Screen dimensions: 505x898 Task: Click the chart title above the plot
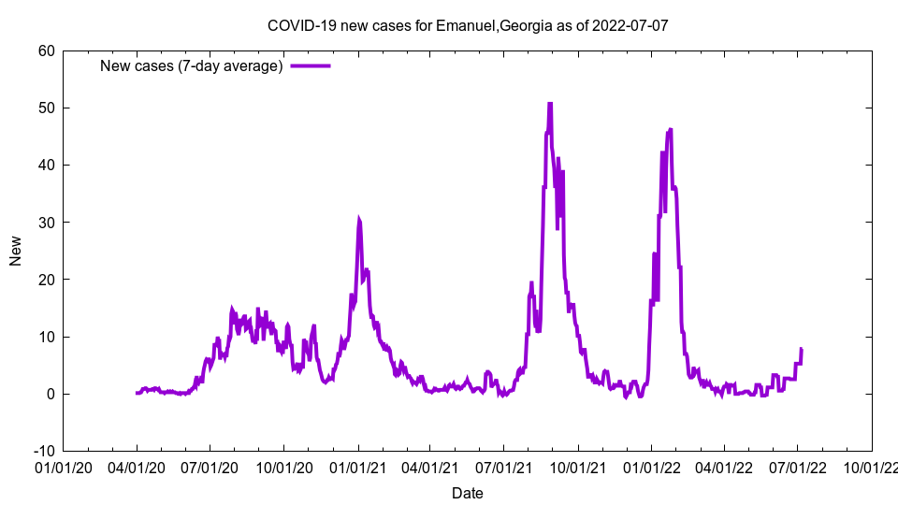click(x=468, y=25)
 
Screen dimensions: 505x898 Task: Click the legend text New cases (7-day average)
click(x=191, y=66)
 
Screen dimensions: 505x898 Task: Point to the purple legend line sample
click(x=311, y=66)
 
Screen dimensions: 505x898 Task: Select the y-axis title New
click(x=16, y=251)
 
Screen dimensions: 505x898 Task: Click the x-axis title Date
click(x=468, y=493)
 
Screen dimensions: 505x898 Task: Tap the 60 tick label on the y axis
click(x=46, y=50)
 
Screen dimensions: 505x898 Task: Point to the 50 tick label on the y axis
click(x=46, y=108)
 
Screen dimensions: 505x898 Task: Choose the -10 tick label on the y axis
click(x=43, y=451)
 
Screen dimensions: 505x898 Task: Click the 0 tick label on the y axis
click(x=50, y=394)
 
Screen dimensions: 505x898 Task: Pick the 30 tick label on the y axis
click(x=46, y=223)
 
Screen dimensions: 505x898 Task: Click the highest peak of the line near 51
click(x=550, y=103)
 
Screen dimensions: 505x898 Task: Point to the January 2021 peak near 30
click(x=358, y=219)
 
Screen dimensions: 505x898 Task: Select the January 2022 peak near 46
click(x=671, y=129)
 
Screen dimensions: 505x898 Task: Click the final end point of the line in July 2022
click(x=802, y=349)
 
